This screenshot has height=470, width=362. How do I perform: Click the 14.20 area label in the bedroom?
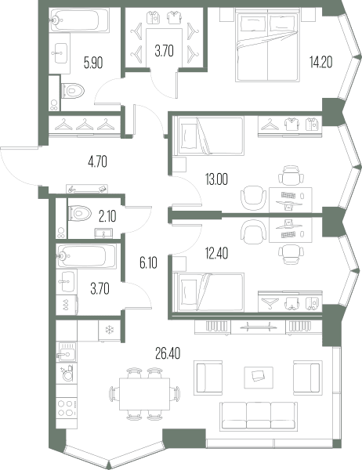(321, 63)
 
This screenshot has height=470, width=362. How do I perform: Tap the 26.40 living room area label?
(168, 354)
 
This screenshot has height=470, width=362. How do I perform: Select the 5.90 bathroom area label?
(93, 63)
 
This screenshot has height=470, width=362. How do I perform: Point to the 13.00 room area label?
(216, 179)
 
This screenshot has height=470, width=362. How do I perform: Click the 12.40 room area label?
(216, 254)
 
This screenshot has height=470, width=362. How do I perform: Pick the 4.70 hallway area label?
(98, 162)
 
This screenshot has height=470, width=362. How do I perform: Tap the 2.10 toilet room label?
(107, 216)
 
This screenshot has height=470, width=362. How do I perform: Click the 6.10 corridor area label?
(148, 263)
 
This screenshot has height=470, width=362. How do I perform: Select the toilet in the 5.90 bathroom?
(72, 90)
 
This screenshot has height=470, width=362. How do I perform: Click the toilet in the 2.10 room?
(79, 213)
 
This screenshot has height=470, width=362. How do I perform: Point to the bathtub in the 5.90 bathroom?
(80, 20)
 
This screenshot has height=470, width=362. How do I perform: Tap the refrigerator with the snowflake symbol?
(110, 331)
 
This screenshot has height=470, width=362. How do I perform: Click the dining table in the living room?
(144, 394)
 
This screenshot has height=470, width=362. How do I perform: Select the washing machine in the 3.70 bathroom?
(67, 305)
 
